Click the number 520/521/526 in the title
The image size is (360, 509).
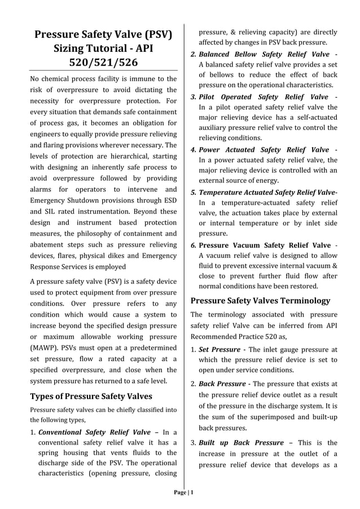click(x=103, y=63)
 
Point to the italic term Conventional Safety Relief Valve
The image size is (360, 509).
click(x=94, y=432)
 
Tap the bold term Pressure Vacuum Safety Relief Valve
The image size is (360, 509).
click(x=265, y=245)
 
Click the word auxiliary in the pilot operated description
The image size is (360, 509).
click(x=216, y=128)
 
